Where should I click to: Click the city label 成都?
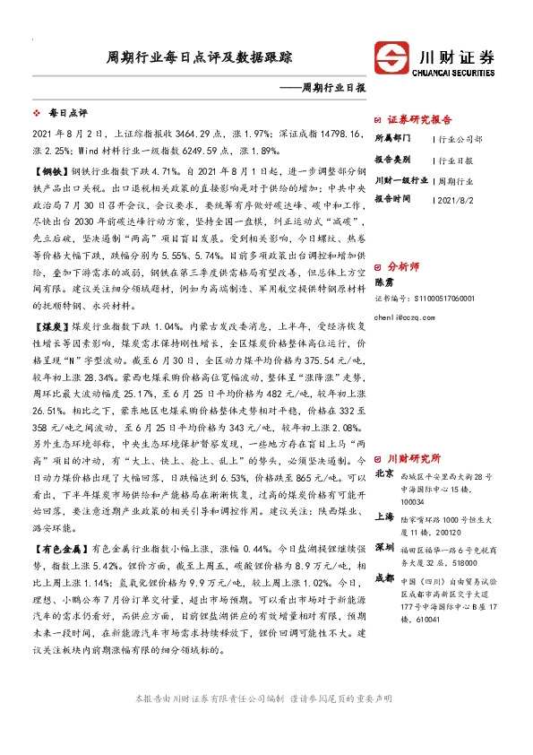click(x=383, y=578)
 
